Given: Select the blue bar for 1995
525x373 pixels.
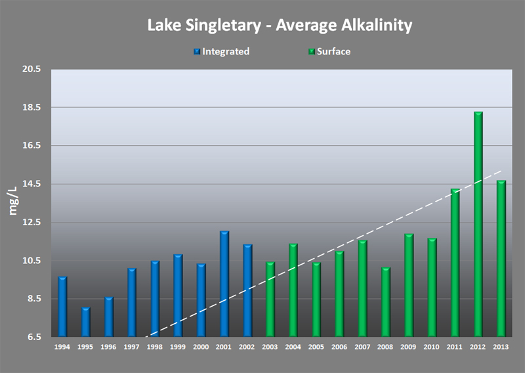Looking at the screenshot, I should point(85,322).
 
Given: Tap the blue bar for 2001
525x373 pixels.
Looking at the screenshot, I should point(224,284).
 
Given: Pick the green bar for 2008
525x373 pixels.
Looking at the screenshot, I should point(386,302).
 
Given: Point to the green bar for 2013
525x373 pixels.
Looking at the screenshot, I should point(501,259).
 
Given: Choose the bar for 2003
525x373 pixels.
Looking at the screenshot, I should point(270,299).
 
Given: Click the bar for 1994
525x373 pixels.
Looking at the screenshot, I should point(62,307).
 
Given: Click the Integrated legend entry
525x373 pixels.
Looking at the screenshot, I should point(221,52).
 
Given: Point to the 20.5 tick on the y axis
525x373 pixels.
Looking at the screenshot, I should point(31,69).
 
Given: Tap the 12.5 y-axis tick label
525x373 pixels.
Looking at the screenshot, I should point(31,222).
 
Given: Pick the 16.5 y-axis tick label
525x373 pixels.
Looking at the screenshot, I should point(31,146).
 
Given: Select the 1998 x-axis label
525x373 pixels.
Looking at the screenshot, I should point(155,346).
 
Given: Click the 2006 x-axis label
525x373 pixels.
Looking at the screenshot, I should point(339,346).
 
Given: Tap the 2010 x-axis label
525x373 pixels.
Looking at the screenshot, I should point(432,346).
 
